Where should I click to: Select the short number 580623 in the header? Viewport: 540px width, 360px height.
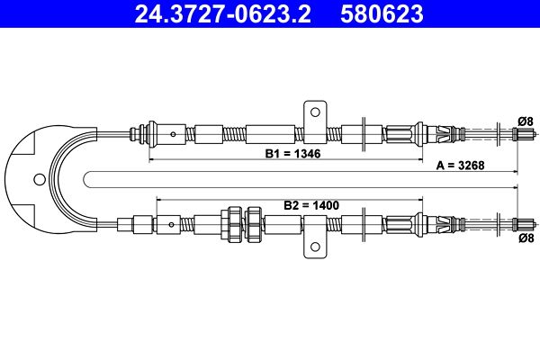pos(382,14)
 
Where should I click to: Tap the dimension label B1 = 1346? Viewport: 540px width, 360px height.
pos(293,154)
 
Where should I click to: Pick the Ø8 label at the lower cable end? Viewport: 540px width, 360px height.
pos(526,238)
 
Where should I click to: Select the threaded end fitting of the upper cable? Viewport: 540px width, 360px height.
pos(524,134)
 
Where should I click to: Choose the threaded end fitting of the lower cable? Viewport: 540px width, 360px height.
pos(524,222)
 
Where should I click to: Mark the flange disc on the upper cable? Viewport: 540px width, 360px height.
pos(361,134)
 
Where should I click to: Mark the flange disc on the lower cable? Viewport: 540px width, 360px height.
pos(361,222)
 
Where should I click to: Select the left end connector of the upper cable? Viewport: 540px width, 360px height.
pos(141,134)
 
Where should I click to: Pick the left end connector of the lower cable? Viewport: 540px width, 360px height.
pos(141,222)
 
